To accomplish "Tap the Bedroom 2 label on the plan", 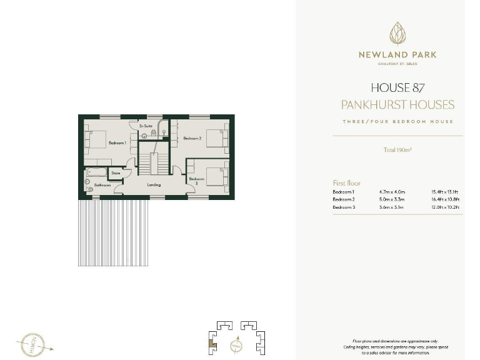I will pyautogui.click(x=192, y=138).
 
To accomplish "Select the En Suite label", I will pyautogui.click(x=146, y=126).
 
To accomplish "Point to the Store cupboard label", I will pyautogui.click(x=116, y=172).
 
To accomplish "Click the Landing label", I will pyautogui.click(x=154, y=185).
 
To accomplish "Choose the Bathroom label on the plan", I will pyautogui.click(x=102, y=186).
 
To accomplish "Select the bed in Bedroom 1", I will pyautogui.click(x=96, y=139).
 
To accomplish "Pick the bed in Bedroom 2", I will pyautogui.click(x=216, y=137).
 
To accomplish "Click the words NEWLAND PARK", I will pyautogui.click(x=397, y=55).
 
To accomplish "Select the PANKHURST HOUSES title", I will pyautogui.click(x=397, y=104).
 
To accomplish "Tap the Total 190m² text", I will pyautogui.click(x=397, y=150).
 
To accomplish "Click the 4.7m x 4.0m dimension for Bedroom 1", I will pyautogui.click(x=392, y=191).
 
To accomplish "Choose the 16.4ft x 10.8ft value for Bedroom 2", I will pyautogui.click(x=445, y=199).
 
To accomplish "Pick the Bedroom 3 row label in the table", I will pyautogui.click(x=344, y=207).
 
